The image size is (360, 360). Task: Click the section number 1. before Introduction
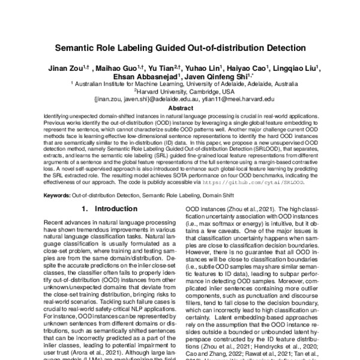click(x=85, y=226)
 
